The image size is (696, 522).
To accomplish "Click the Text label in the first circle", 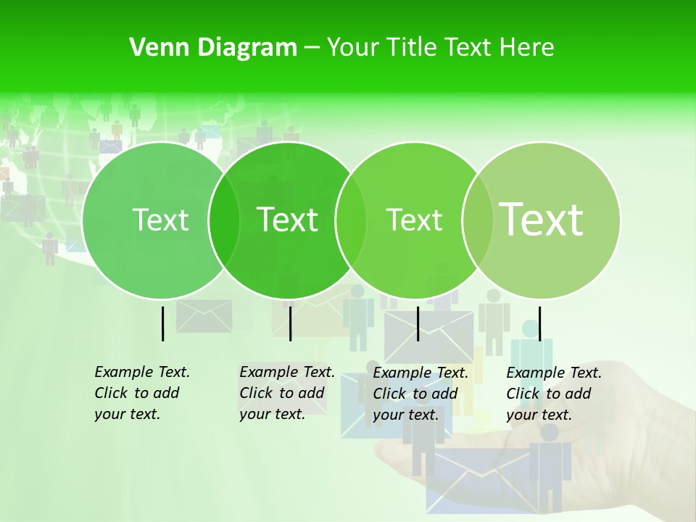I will pyautogui.click(x=161, y=220).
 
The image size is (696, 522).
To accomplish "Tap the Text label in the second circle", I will pyautogui.click(x=288, y=220).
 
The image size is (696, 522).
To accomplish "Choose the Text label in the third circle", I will pyautogui.click(x=415, y=220).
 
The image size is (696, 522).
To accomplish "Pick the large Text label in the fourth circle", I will pyautogui.click(x=542, y=220).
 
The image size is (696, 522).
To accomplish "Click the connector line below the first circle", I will pyautogui.click(x=163, y=323).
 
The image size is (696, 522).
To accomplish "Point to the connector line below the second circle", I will pyautogui.click(x=290, y=323).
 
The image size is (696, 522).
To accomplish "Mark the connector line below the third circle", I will pyautogui.click(x=418, y=323).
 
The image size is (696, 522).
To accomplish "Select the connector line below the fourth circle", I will pyautogui.click(x=540, y=323).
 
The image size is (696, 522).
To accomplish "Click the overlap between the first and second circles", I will pyautogui.click(x=224, y=220).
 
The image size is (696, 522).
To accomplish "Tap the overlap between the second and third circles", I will pyautogui.click(x=351, y=220).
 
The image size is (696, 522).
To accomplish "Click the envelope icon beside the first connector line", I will pyautogui.click(x=204, y=316).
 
